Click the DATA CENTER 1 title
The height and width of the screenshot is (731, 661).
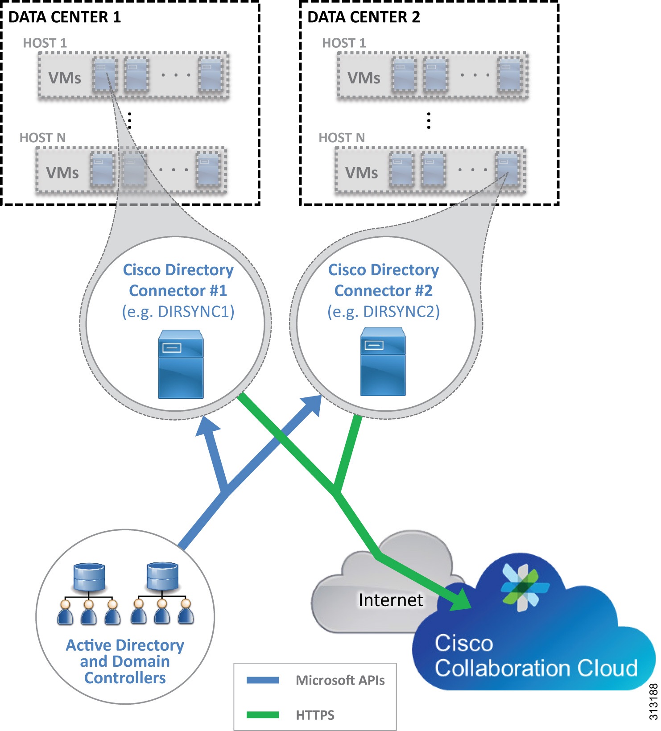coord(65,17)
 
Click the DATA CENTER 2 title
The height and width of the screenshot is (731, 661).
coord(364,17)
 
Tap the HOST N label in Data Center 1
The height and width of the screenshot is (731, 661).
coord(42,138)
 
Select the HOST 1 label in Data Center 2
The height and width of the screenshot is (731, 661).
coord(344,43)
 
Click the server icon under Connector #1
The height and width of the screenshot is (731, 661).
coord(181,364)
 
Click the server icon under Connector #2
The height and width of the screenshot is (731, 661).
coord(383,362)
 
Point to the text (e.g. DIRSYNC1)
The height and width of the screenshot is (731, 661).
coord(178,311)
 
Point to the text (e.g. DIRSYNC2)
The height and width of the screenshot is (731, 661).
coord(384,311)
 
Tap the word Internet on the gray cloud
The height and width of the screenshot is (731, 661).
coord(390,600)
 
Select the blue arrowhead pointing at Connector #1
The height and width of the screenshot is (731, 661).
coord(207,426)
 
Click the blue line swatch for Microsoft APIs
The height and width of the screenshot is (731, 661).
coord(263,680)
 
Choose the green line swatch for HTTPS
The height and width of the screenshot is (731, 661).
coord(263,715)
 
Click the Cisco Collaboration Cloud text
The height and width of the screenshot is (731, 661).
coord(535,656)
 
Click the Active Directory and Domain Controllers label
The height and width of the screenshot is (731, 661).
coord(125,661)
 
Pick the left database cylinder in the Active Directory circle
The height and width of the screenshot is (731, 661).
coord(89,577)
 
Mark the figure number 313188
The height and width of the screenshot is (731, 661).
coord(653,701)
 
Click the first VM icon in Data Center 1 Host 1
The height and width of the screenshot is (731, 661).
coord(105,75)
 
